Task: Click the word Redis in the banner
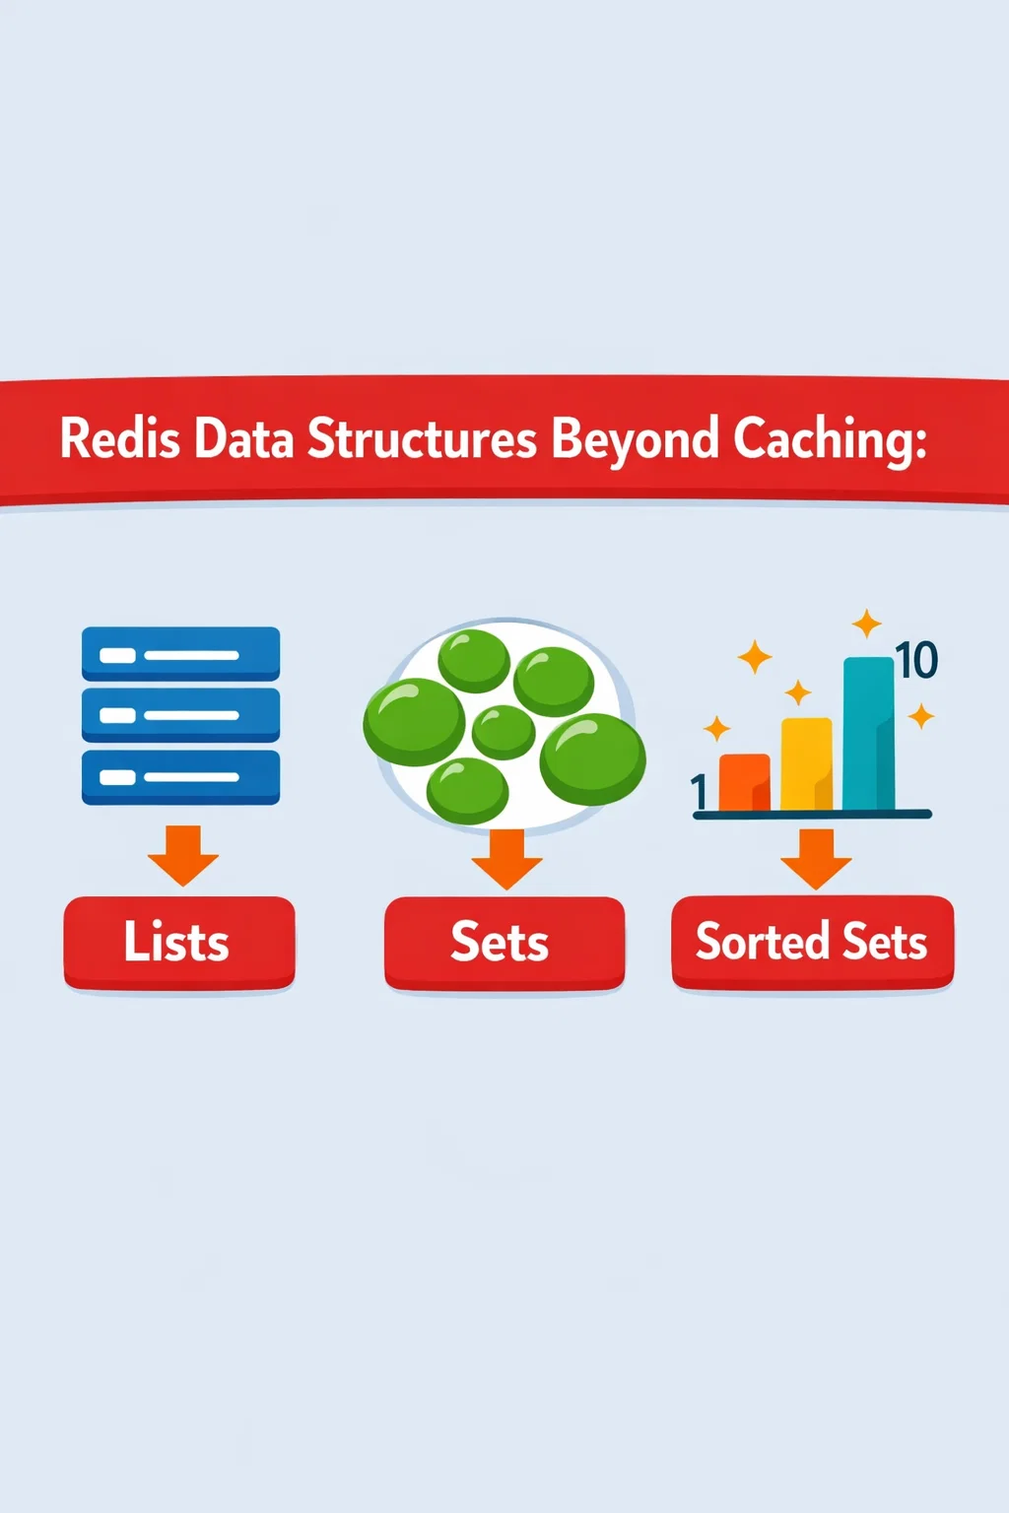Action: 120,438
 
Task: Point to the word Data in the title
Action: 244,438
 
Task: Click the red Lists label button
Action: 179,943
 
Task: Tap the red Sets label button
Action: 504,943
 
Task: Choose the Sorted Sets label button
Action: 812,942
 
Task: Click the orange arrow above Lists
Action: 183,855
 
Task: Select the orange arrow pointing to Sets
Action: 506,859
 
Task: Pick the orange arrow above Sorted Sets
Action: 816,859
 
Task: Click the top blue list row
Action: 180,654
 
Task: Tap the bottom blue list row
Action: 180,777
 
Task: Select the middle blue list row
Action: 180,715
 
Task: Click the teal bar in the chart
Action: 869,733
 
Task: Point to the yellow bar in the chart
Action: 807,763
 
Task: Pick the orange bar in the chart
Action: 745,781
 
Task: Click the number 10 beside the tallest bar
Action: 916,660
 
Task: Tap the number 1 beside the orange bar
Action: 699,792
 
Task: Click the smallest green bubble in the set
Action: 504,732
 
